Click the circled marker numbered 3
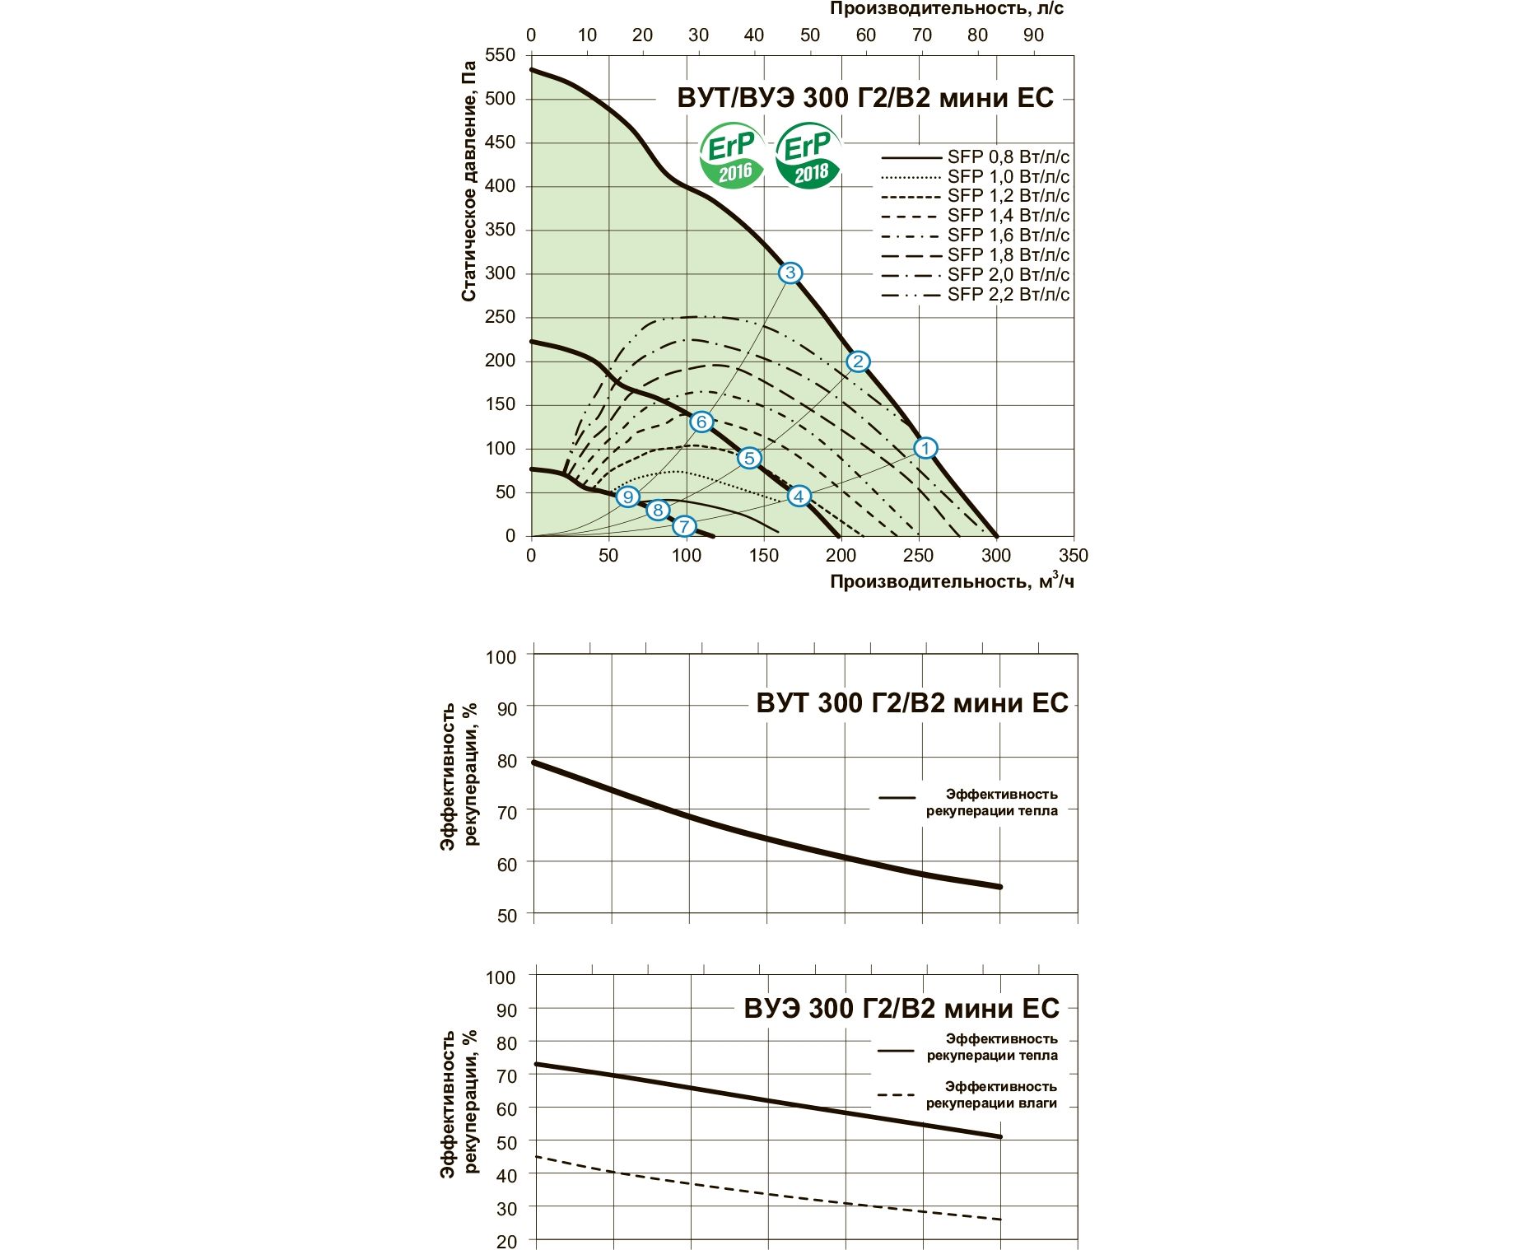(790, 273)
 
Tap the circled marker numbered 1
(925, 448)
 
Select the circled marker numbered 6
(701, 422)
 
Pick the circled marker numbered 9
(628, 497)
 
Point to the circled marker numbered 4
(799, 496)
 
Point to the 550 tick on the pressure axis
(501, 55)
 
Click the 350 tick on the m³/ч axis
(1073, 555)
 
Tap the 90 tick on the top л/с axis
(1033, 35)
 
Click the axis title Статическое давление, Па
(468, 181)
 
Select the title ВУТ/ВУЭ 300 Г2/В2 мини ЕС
(865, 98)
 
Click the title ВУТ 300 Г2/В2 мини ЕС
(911, 703)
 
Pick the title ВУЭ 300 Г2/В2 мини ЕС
(901, 1009)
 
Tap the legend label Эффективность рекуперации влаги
(991, 1094)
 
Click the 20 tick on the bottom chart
(506, 1241)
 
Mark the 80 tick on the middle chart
(506, 760)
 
